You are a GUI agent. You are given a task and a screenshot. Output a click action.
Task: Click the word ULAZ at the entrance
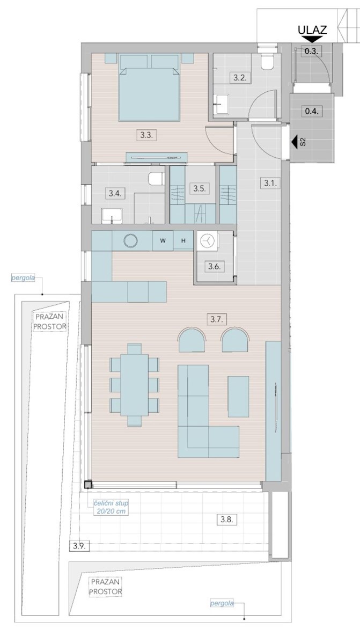tap(312, 30)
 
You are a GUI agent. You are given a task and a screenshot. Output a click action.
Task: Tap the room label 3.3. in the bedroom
tap(146, 135)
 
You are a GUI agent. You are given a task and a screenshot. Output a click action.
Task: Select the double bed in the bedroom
tap(149, 87)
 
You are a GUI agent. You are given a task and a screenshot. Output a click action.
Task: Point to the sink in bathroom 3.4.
tap(112, 216)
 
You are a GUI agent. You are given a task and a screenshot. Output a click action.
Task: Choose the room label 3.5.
tap(200, 188)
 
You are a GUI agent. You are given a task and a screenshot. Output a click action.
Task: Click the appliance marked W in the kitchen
tap(163, 240)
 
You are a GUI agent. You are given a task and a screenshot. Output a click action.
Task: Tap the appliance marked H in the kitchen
tap(183, 240)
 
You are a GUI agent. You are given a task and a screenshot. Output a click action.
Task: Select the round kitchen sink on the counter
tap(130, 240)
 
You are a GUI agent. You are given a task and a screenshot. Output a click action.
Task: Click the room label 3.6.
tap(214, 267)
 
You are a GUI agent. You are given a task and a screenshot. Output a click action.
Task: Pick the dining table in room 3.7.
tap(135, 385)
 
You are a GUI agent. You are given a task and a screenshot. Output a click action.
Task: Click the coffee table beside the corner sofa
tap(238, 397)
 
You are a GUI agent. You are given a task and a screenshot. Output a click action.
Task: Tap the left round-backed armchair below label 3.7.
tap(192, 340)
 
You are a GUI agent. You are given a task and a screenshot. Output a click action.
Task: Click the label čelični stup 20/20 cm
tap(111, 507)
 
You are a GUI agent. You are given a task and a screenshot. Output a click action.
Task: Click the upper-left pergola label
tap(23, 278)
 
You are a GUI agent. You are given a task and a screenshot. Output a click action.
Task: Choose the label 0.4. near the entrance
tap(312, 111)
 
